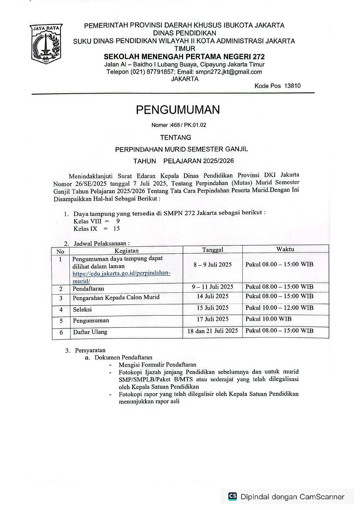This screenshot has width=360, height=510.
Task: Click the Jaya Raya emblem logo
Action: coord(46,44)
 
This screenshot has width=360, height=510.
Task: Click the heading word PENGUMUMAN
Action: coord(178,110)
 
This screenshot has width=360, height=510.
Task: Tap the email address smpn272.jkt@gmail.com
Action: coord(229,72)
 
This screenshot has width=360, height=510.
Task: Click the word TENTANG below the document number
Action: coord(176,137)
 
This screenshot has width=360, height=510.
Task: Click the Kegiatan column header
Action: coord(127,250)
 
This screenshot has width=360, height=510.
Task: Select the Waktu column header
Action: coord(285,249)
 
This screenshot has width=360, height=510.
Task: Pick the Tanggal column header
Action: coord(213,250)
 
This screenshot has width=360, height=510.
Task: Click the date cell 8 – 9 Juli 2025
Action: coord(213,264)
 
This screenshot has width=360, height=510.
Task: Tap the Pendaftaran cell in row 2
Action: coord(88,289)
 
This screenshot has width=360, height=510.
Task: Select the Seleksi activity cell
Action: coord(82,309)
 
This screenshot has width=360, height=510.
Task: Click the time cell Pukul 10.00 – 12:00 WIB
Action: coord(279,308)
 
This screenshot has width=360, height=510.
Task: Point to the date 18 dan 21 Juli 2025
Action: coord(213,331)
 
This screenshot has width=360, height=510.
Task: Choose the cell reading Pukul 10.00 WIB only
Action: coord(268,319)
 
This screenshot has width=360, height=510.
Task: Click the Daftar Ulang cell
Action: coord(90,332)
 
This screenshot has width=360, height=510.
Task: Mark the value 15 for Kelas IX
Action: coord(116,228)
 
